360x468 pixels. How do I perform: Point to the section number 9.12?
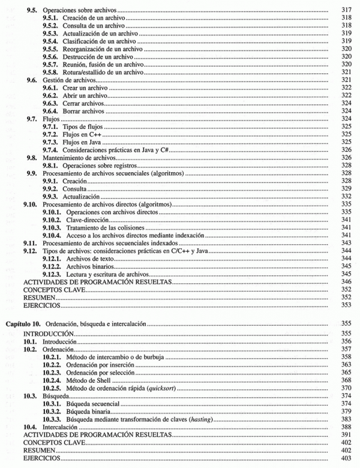click(31, 253)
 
